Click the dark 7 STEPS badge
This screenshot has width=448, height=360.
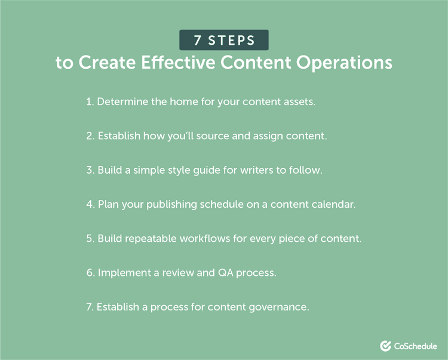tap(223, 41)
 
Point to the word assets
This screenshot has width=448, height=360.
tap(299, 102)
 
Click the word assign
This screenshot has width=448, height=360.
tap(274, 136)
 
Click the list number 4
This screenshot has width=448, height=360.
tap(89, 205)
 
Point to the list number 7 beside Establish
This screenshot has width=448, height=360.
tap(89, 307)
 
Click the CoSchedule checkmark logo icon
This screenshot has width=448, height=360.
tap(385, 346)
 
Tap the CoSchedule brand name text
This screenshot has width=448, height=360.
tap(416, 346)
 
